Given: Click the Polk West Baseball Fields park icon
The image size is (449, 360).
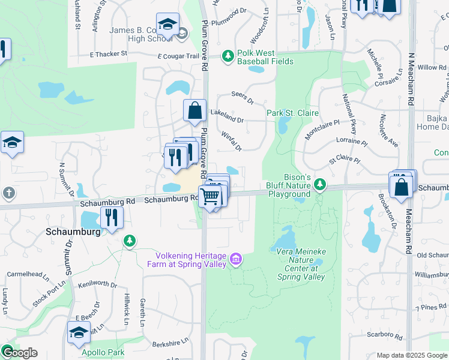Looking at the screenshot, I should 228,56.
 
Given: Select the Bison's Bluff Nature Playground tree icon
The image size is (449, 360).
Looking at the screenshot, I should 321,183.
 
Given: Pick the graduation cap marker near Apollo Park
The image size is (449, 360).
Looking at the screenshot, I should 79,332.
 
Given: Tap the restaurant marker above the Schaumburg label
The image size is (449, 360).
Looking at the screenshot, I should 111,217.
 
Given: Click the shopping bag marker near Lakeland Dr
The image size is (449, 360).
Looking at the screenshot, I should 194,110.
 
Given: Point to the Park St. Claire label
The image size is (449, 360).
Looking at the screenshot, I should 292,113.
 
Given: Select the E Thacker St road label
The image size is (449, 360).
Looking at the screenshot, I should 109,54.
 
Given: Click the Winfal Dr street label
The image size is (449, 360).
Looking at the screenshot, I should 231,142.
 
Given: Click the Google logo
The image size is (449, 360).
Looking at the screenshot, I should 19,353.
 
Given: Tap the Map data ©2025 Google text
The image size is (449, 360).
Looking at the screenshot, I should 412,355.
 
